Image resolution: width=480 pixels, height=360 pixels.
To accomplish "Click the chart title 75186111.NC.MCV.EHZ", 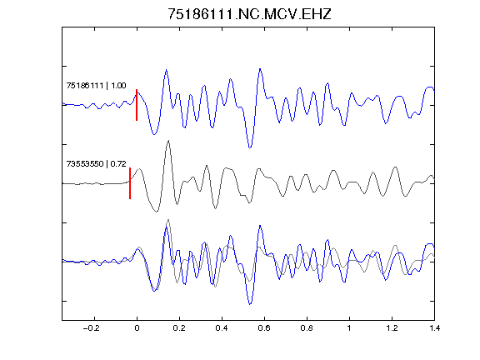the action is tap(249, 14).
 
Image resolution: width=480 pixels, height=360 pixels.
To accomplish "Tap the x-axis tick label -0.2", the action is tap(91, 328).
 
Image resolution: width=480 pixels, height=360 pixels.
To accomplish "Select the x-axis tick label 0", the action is tap(137, 328).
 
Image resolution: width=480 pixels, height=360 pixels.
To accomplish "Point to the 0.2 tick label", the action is tap(179, 328).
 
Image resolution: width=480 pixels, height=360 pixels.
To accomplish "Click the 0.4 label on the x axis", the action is tap(222, 328).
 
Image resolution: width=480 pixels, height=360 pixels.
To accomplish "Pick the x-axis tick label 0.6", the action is tap(264, 328).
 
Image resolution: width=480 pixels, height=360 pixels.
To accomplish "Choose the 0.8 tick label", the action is tap(307, 328).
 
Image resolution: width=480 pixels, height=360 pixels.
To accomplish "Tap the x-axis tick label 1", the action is tap(349, 328).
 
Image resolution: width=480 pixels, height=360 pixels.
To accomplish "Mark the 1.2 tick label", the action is tap(392, 328).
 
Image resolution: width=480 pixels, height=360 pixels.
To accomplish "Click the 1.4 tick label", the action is tap(435, 328).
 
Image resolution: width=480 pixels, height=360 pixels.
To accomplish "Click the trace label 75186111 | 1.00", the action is tap(96, 85).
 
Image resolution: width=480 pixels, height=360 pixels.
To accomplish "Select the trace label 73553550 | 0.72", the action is tap(96, 164).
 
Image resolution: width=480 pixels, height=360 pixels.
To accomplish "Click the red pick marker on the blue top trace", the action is tap(137, 105).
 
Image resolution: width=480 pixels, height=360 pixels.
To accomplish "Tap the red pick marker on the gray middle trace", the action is tap(130, 183).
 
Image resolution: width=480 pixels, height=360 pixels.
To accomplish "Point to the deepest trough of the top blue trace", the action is tap(250, 147).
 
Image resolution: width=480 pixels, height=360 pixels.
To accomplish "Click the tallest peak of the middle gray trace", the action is tap(168, 141).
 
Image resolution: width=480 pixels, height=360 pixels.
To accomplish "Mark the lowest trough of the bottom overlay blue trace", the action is tap(250, 304).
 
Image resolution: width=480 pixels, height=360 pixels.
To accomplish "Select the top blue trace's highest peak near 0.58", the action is tap(260, 69).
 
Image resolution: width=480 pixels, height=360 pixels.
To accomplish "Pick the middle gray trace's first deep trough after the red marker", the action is tap(157, 212).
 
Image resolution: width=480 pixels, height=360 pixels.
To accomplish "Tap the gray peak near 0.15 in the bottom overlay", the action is tap(168, 220).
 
